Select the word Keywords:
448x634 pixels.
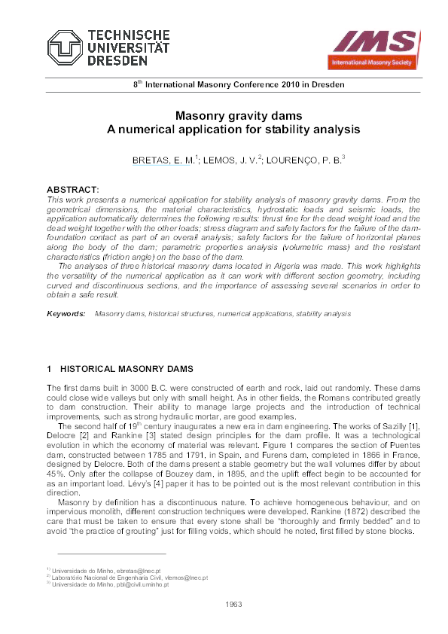coord(66,312)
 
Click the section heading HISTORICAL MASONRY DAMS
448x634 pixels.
coord(126,369)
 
